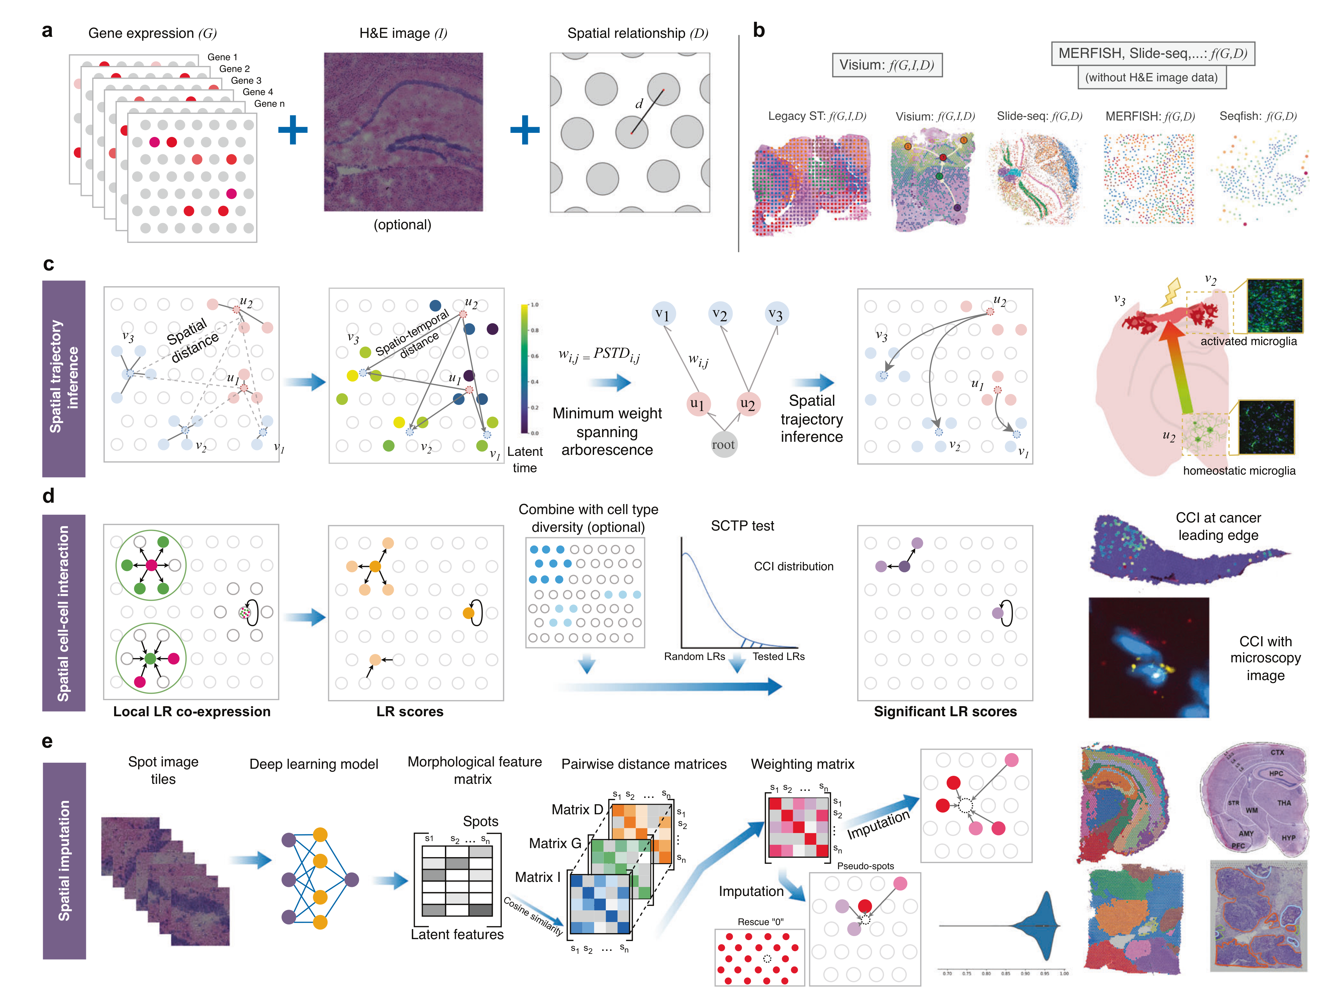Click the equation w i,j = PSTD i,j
click(x=599, y=355)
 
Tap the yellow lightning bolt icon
click(x=1172, y=292)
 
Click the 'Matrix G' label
click(x=555, y=843)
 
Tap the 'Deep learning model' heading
click(x=314, y=764)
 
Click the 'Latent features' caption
click(x=457, y=935)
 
